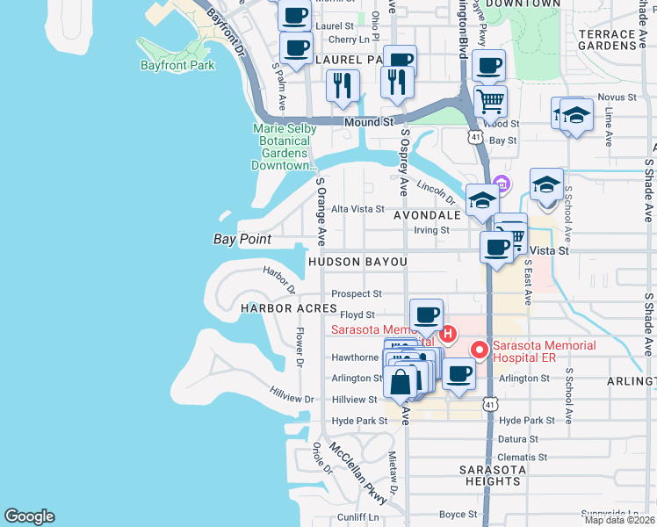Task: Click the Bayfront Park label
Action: (177, 65)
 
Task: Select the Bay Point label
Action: (242, 239)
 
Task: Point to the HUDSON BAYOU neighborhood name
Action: (357, 263)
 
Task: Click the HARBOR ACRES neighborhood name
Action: (290, 308)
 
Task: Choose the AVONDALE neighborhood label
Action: (427, 215)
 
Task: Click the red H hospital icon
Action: (448, 334)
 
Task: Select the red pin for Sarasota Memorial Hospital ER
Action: (480, 350)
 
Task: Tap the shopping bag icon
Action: (401, 382)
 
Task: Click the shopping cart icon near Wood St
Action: (490, 100)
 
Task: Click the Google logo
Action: (29, 516)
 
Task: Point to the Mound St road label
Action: (369, 123)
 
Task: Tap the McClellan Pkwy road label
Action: (360, 472)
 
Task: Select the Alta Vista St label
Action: (357, 209)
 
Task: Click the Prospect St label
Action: (357, 293)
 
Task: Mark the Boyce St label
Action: (458, 515)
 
